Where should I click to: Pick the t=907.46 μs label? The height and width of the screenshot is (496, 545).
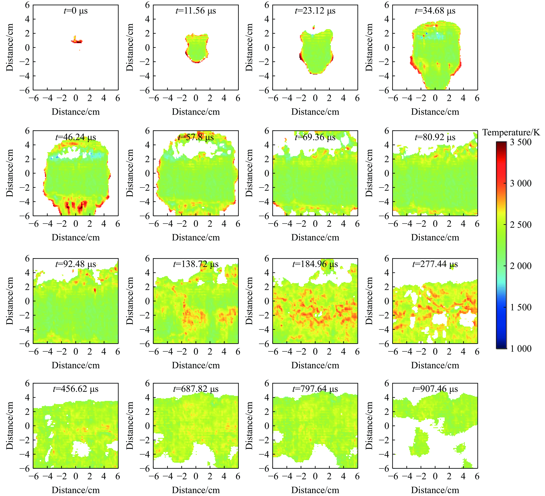pos(435,389)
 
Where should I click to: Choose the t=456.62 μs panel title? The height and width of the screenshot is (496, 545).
pos(76,389)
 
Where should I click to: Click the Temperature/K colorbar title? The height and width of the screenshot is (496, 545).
pos(511,132)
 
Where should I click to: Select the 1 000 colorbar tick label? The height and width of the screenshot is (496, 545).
pos(520,349)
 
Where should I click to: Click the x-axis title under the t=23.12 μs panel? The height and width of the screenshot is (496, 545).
pos(315,112)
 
